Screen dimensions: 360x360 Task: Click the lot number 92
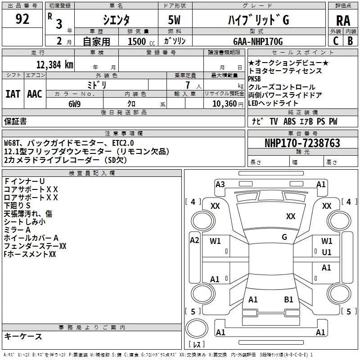(x=22, y=19)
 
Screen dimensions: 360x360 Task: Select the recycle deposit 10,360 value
(x=224, y=103)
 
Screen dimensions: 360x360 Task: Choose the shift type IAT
(x=13, y=94)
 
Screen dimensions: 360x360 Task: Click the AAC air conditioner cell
(x=35, y=94)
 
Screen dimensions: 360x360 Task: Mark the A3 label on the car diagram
(x=220, y=184)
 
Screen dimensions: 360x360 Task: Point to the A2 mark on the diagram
(x=194, y=240)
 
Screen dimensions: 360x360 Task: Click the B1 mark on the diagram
(x=288, y=299)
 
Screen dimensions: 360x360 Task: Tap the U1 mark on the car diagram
(x=327, y=252)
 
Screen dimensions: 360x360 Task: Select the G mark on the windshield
(x=284, y=237)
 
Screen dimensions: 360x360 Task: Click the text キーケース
(x=23, y=336)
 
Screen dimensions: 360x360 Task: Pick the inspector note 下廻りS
(x=20, y=205)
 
